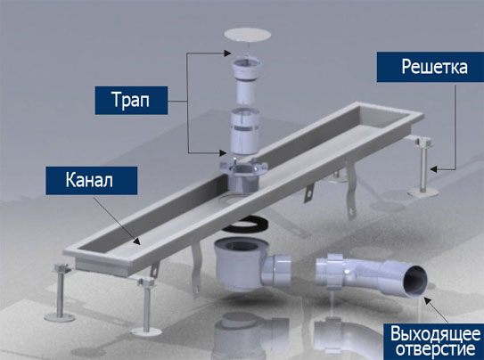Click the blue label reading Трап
pos(131,101)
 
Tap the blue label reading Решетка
pos(430,67)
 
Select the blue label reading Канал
pos(92,181)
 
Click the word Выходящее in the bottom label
pos(435,334)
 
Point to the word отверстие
pos(436,349)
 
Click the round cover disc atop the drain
pos(248,35)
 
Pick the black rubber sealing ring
pos(245,225)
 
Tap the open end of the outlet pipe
pos(415,281)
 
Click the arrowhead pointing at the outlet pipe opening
pos(427,300)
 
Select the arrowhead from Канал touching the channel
pos(137,241)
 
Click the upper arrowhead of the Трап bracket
pos(227,53)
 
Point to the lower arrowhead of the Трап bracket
pos(223,152)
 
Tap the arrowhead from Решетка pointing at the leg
pos(434,169)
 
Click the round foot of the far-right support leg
pos(422,192)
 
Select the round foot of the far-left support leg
pos(59,317)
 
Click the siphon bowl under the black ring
pos(238,263)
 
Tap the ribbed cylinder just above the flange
pos(245,131)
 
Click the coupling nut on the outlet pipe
pos(335,271)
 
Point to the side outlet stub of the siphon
pos(278,270)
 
